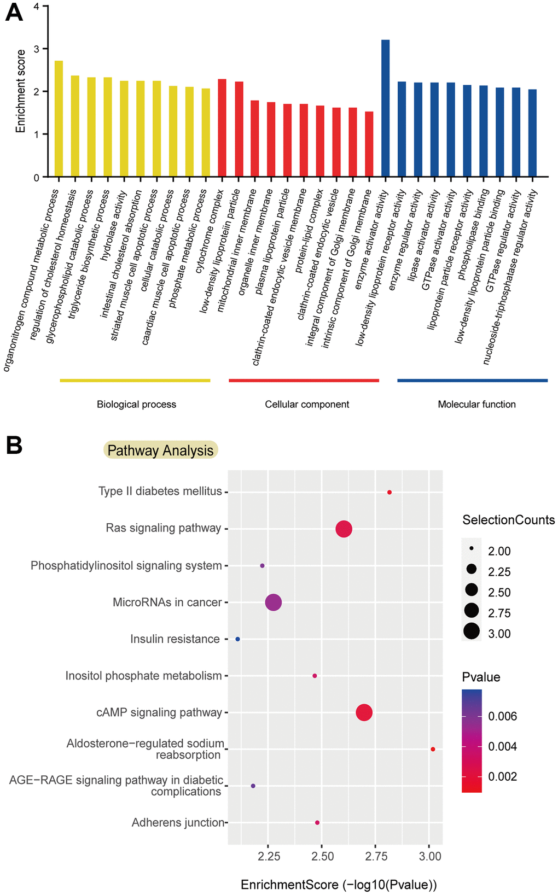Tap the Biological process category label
tap(136, 405)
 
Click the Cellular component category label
tap(307, 405)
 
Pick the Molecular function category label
tap(476, 405)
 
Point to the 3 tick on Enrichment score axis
tap(36, 49)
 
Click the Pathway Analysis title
tap(160, 451)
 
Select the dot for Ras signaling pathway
tap(344, 529)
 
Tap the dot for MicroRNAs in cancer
tap(274, 602)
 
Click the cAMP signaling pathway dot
tap(364, 712)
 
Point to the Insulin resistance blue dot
tap(237, 639)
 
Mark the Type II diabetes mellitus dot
tap(390, 493)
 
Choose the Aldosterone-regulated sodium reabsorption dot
tap(433, 749)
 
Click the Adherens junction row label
tap(178, 822)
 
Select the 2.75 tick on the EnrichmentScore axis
tap(376, 856)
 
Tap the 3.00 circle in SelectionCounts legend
tap(472, 631)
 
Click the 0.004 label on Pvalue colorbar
tap(502, 746)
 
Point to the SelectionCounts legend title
tap(508, 520)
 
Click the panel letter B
tap(14, 446)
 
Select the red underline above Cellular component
tap(304, 381)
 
